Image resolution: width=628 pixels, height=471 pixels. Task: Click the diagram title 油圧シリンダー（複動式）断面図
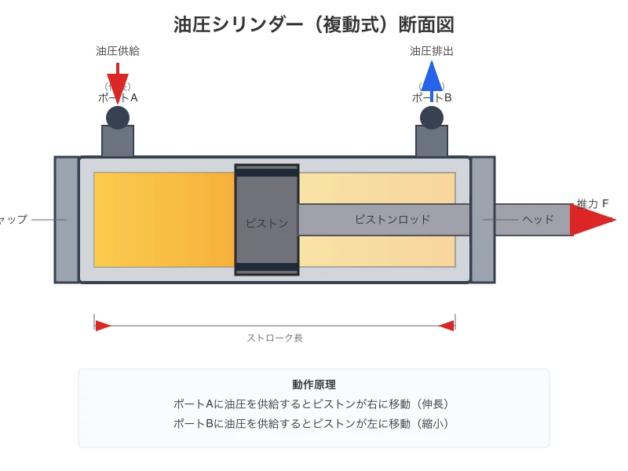314,24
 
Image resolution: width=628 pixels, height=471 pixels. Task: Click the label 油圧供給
118,51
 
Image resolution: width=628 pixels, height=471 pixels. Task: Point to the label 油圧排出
432,51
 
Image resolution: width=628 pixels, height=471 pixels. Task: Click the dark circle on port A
118,118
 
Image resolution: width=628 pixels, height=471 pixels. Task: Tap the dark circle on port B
432,118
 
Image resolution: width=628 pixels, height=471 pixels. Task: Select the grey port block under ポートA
118,141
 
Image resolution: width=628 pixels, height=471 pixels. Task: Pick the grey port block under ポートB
432,141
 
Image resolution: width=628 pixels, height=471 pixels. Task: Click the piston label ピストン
267,223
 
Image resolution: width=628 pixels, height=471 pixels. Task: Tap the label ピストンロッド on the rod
392,220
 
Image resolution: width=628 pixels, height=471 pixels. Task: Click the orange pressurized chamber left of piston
164,220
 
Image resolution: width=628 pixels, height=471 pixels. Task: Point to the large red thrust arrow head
590,220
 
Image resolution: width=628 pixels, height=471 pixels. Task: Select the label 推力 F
593,203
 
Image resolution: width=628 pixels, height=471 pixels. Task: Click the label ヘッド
539,220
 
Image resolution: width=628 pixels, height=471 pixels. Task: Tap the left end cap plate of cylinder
67,220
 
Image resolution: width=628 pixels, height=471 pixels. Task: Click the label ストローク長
275,338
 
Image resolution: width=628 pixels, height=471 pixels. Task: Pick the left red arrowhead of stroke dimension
103,326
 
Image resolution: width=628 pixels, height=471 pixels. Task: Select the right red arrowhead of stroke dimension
447,326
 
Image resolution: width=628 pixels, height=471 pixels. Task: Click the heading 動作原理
314,385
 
